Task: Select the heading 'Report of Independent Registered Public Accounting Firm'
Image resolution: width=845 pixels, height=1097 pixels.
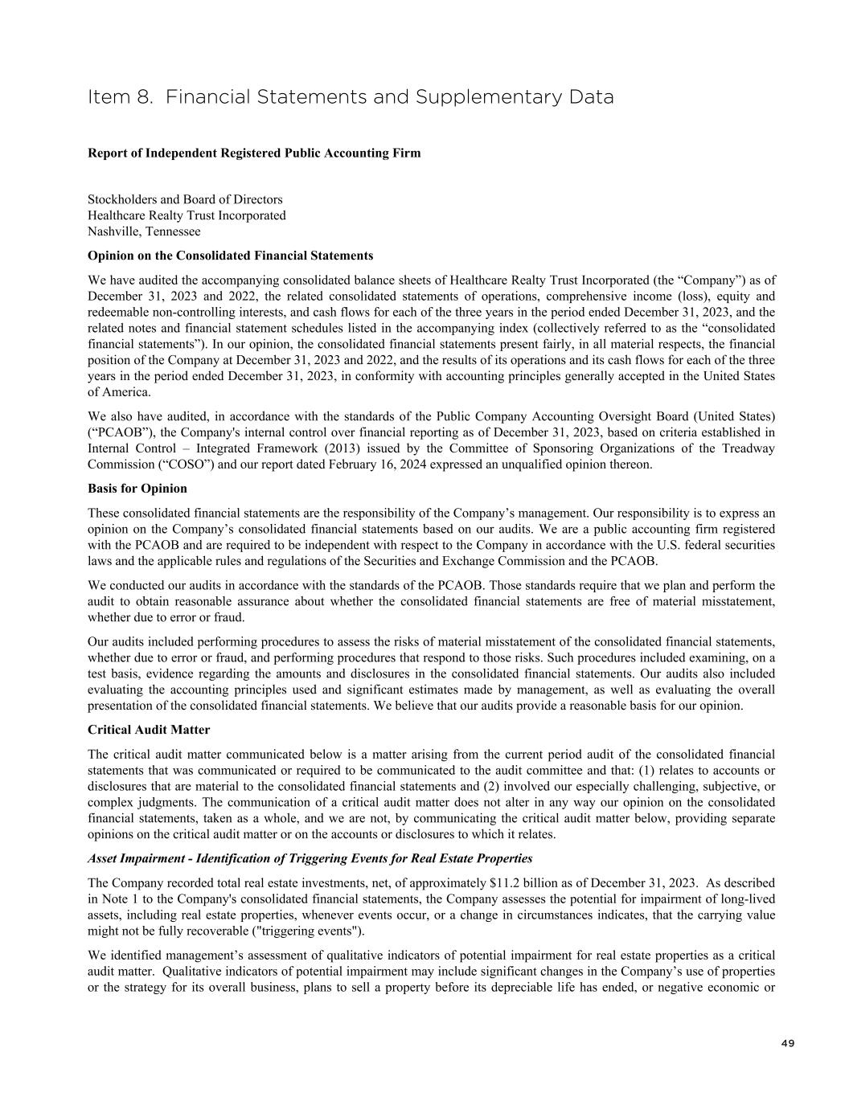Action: pyautogui.click(x=254, y=153)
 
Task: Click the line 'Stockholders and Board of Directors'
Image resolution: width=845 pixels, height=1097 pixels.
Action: pyautogui.click(x=185, y=199)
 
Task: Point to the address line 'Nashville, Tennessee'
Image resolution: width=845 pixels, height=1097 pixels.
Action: pyautogui.click(x=144, y=231)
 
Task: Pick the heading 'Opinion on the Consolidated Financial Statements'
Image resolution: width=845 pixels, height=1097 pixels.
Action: pyautogui.click(x=230, y=256)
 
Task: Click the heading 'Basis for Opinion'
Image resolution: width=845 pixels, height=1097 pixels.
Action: pyautogui.click(x=137, y=489)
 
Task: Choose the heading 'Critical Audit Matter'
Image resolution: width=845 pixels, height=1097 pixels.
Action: pyautogui.click(x=149, y=730)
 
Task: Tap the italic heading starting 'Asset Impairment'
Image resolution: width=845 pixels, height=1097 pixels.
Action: pyautogui.click(x=310, y=858)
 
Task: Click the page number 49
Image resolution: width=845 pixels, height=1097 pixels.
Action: pyautogui.click(x=787, y=1044)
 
